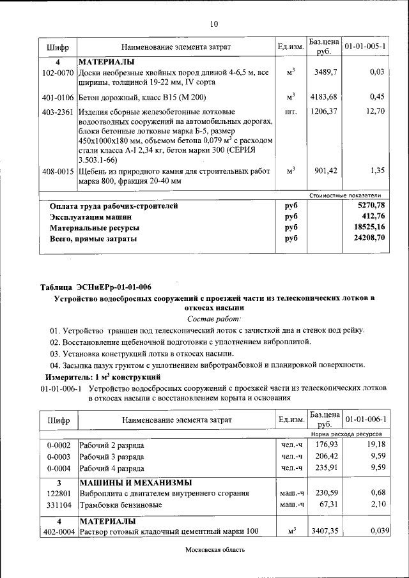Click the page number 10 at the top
pos(214,24)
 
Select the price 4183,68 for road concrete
pos(324,97)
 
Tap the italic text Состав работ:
pos(213,318)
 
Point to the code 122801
pos(58,493)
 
